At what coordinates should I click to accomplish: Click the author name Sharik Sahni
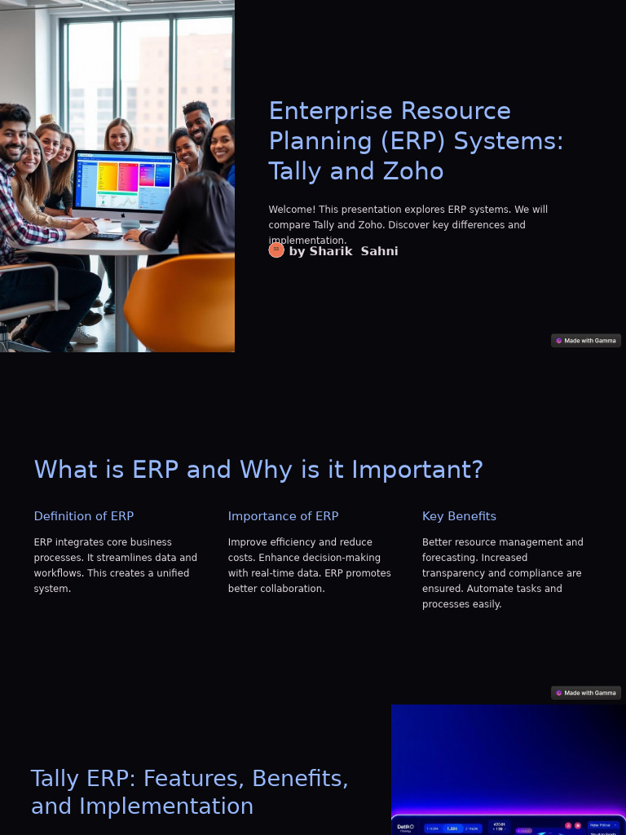(x=343, y=251)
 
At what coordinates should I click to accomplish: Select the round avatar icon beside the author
(x=276, y=250)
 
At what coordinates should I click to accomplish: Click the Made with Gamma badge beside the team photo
(x=585, y=341)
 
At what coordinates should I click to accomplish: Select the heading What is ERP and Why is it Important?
(x=258, y=470)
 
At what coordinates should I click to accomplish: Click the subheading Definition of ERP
(x=83, y=516)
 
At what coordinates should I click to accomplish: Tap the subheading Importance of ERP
(x=283, y=516)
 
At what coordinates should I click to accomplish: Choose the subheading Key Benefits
(x=459, y=516)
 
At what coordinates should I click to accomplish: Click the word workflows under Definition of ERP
(x=56, y=573)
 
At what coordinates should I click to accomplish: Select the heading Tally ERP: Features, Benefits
(x=189, y=779)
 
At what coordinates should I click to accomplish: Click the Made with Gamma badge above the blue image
(x=585, y=693)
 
